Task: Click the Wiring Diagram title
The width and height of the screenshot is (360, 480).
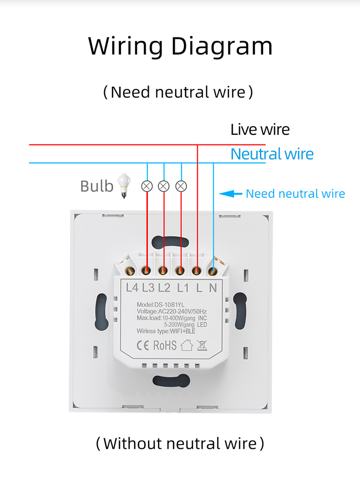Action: pos(180,46)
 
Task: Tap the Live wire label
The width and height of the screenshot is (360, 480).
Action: pos(260,130)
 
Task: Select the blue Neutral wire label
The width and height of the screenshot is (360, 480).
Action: pos(272,154)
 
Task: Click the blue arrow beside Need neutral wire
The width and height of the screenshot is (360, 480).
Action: pos(230,194)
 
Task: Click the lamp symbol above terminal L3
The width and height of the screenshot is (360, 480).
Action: pos(147,186)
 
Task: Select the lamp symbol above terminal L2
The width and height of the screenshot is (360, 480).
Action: pos(164,186)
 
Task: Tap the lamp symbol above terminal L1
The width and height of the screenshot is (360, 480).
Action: pos(181,186)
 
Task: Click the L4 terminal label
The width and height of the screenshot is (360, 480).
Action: pos(132,288)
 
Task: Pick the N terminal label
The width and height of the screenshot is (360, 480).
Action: pos(213,288)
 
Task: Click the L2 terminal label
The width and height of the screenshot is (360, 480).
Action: pos(165,288)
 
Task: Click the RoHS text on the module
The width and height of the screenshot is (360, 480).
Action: pos(165,345)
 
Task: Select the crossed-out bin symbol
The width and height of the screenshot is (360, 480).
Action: pos(202,345)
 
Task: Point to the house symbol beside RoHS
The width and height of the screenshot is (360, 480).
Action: pos(186,345)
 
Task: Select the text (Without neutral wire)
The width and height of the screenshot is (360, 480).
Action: pos(180,443)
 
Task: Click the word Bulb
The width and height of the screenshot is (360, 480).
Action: pos(96,186)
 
